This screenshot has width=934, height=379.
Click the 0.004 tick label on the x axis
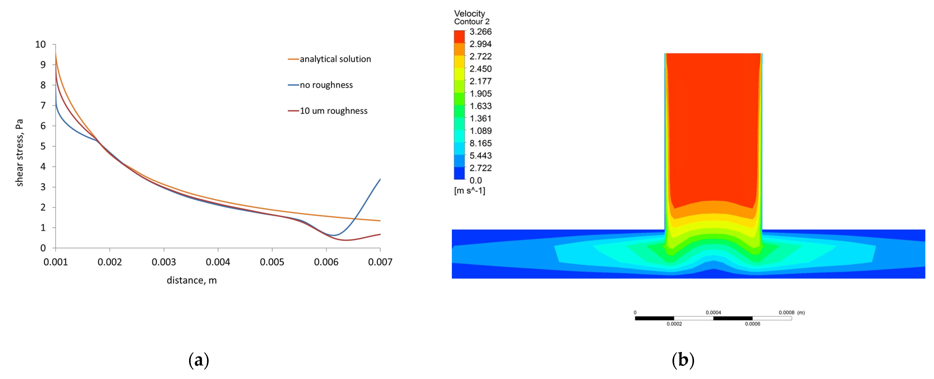click(x=218, y=262)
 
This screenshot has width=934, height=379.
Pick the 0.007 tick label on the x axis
click(x=380, y=262)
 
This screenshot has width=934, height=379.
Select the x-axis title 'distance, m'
click(x=192, y=280)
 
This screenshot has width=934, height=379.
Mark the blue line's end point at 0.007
click(x=380, y=179)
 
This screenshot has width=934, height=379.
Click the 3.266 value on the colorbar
click(x=480, y=32)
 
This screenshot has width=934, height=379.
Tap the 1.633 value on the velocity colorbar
click(x=480, y=106)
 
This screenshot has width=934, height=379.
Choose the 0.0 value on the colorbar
click(x=475, y=180)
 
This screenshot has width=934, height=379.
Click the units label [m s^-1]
click(x=469, y=191)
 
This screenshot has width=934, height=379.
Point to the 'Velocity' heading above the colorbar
click(x=469, y=13)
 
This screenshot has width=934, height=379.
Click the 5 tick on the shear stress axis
click(x=43, y=146)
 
